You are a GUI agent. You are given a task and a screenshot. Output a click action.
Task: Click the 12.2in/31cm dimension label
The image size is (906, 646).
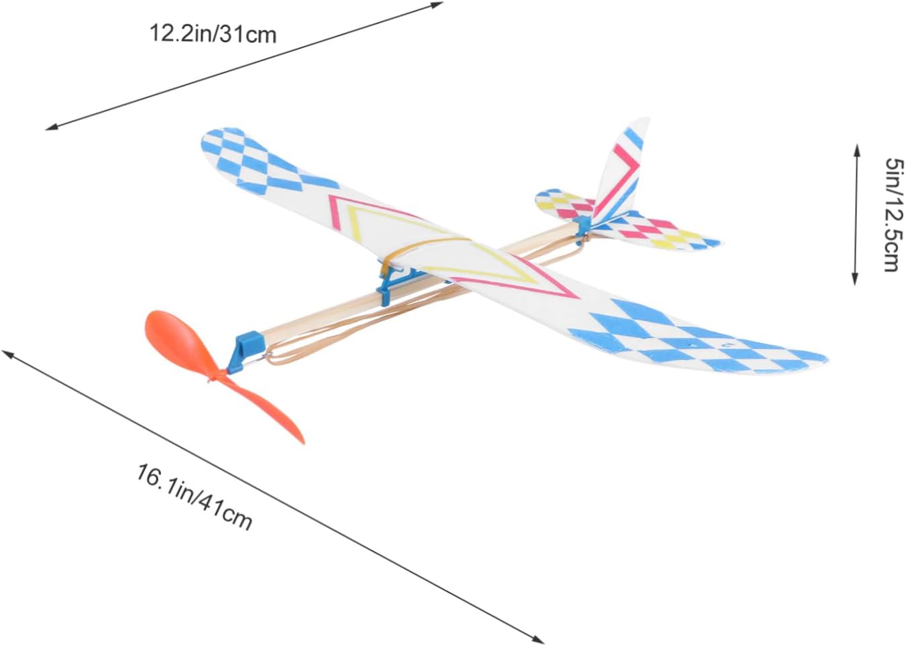[213, 33]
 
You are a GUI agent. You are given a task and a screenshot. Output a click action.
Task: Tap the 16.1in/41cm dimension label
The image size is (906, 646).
[194, 497]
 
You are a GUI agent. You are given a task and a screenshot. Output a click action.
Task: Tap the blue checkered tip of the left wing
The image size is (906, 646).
[248, 157]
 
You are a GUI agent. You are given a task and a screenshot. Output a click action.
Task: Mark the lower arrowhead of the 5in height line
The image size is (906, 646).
[855, 281]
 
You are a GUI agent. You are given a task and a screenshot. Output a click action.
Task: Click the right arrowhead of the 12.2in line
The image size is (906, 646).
[439, 5]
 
